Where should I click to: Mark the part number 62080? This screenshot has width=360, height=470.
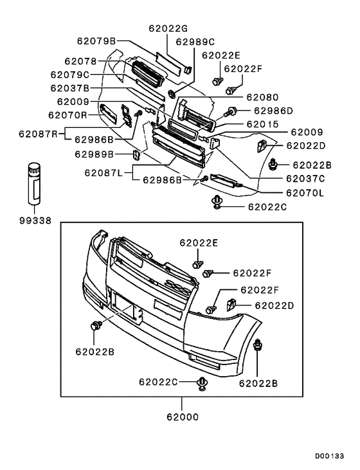coord(262,98)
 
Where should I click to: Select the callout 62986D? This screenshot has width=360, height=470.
coord(271,111)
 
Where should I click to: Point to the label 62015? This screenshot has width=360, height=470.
coord(262,123)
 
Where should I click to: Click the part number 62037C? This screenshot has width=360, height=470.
coord(305,178)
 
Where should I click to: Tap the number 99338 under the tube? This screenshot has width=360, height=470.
coord(33,219)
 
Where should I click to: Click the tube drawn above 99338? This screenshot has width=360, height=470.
coord(33,185)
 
